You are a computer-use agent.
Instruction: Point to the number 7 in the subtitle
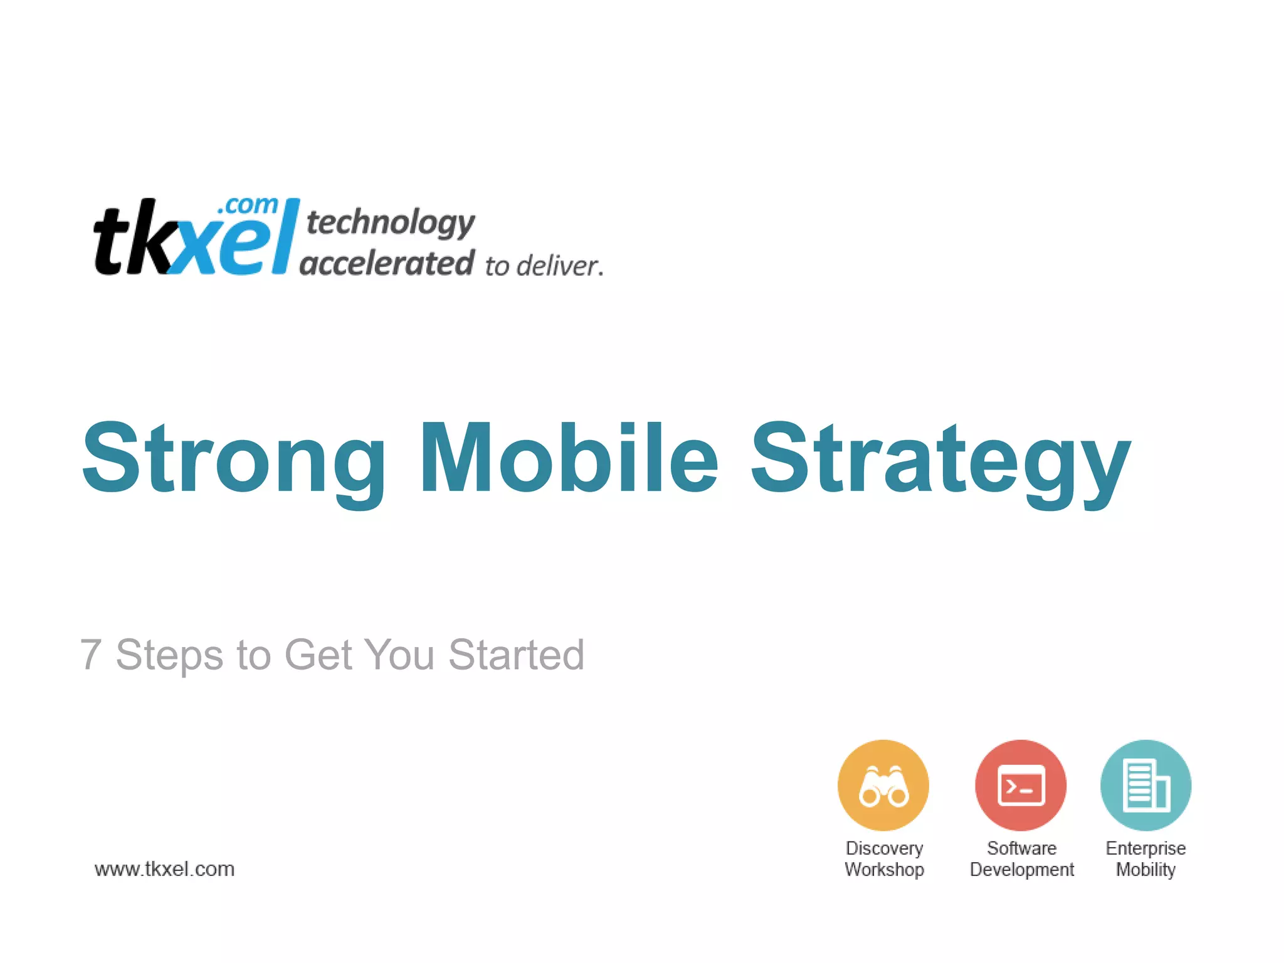[x=91, y=655]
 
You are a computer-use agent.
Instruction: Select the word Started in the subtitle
[x=516, y=655]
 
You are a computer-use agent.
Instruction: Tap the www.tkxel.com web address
[x=164, y=869]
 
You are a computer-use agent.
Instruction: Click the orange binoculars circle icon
[x=883, y=786]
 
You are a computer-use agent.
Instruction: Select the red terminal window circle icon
[x=1020, y=786]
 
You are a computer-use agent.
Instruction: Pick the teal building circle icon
[x=1145, y=786]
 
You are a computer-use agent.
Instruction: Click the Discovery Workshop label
[x=884, y=859]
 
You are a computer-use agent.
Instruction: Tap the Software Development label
[x=1021, y=859]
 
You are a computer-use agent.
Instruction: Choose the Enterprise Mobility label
[x=1145, y=859]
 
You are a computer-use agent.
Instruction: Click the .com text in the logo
[x=248, y=206]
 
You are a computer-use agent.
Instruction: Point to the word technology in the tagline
[x=390, y=223]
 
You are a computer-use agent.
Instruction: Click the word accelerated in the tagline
[x=387, y=263]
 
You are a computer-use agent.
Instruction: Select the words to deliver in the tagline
[x=544, y=266]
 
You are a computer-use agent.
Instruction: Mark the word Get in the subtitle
[x=317, y=655]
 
